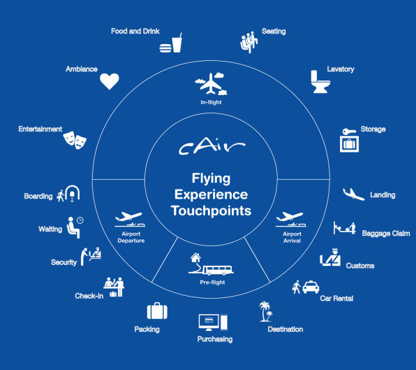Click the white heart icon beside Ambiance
click(x=110, y=81)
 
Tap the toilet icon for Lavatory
click(x=320, y=82)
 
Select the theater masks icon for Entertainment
click(x=75, y=140)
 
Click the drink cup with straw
click(x=177, y=43)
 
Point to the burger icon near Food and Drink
click(x=165, y=48)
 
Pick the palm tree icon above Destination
click(x=265, y=311)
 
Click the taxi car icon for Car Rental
click(x=311, y=287)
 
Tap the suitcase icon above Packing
click(x=157, y=311)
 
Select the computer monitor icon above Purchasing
click(x=209, y=322)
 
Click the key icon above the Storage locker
click(x=349, y=131)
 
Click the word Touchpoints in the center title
click(x=211, y=211)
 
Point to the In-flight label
click(x=211, y=102)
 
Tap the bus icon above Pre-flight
click(x=218, y=270)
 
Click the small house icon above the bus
click(x=196, y=257)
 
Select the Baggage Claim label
click(x=386, y=234)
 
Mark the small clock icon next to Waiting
click(x=80, y=220)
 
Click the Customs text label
click(x=360, y=266)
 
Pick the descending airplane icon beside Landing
click(x=353, y=194)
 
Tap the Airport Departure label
click(x=131, y=237)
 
